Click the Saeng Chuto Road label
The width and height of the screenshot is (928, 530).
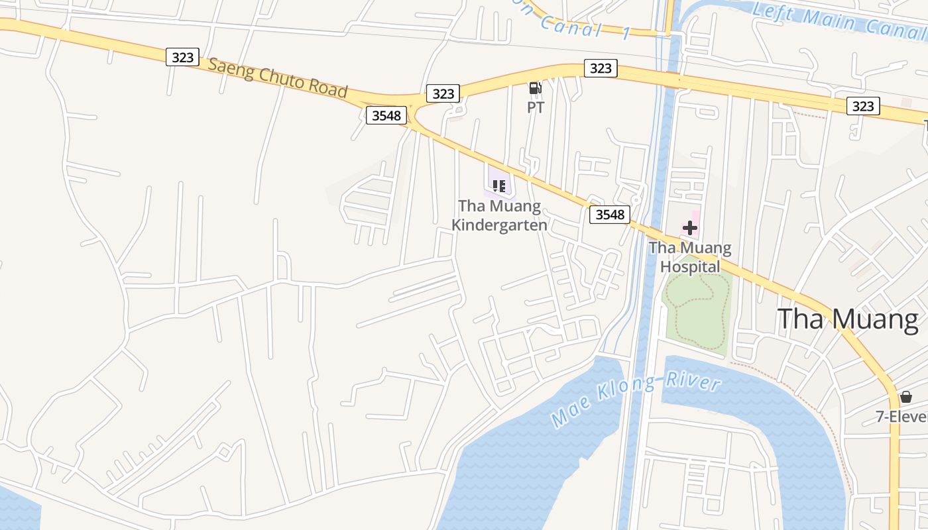[278, 78]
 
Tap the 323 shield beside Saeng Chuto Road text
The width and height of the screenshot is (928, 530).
[182, 57]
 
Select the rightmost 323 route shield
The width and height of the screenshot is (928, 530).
[862, 106]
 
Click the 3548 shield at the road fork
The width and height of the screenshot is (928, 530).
[386, 116]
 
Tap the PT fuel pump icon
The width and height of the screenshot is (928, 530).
[535, 88]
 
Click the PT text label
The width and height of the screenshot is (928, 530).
[536, 107]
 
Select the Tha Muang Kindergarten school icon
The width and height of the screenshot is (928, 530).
[499, 185]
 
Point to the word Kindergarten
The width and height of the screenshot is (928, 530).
[499, 225]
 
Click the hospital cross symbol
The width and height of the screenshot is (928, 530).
[690, 229]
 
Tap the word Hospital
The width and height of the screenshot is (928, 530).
[690, 267]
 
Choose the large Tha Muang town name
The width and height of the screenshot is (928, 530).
[848, 319]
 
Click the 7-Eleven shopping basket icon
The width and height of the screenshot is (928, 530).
[906, 397]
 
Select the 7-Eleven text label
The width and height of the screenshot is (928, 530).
[901, 417]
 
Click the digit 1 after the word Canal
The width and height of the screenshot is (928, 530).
[626, 34]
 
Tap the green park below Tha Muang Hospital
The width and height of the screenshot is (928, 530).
[696, 311]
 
